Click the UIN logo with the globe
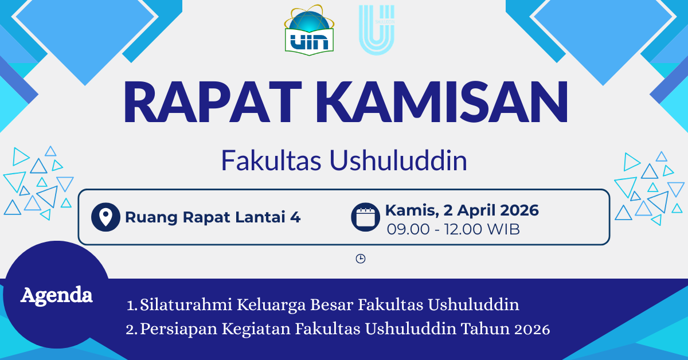[309, 30]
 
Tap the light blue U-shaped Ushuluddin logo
[377, 30]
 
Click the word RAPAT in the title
[212, 101]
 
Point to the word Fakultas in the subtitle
[271, 161]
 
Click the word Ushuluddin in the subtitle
[398, 161]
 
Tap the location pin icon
[105, 217]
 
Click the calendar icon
[366, 217]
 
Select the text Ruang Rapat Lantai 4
[213, 217]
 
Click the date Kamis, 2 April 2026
[462, 210]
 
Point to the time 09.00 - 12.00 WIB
[453, 229]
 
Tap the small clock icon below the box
[361, 259]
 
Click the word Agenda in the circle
[57, 295]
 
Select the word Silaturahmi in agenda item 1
[186, 305]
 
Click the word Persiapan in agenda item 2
[179, 329]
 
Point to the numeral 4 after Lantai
[295, 217]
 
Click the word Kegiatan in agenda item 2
[256, 329]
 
